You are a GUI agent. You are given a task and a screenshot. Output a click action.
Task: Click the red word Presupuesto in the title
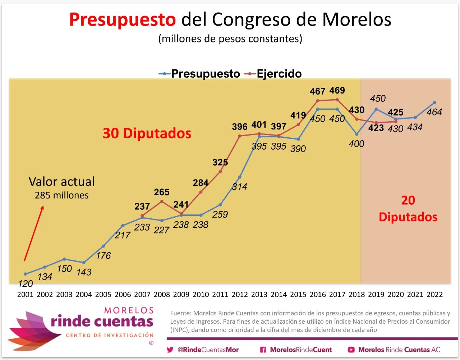pyautogui.click(x=122, y=20)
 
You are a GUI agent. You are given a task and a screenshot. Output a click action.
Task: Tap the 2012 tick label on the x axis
pyautogui.click(x=240, y=295)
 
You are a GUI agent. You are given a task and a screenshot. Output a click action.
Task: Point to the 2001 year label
pyautogui.click(x=25, y=295)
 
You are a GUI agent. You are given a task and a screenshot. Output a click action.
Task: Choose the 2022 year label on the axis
pyautogui.click(x=434, y=295)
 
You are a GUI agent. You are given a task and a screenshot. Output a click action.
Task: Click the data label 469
pyautogui.click(x=337, y=90)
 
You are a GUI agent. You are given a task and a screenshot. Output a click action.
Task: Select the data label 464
pyautogui.click(x=434, y=112)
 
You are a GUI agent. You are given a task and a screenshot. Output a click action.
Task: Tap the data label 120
pyautogui.click(x=25, y=284)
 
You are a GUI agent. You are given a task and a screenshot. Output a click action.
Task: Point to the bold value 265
pyautogui.click(x=162, y=192)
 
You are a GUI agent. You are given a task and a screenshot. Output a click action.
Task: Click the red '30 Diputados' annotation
pyautogui.click(x=147, y=133)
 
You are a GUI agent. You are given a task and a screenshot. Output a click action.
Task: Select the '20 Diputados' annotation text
pyautogui.click(x=408, y=209)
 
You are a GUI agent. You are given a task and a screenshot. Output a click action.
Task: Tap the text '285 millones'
pyautogui.click(x=61, y=196)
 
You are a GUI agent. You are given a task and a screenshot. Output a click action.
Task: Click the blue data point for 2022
pyautogui.click(x=434, y=102)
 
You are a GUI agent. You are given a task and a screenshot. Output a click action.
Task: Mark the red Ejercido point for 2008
pyautogui.click(x=162, y=201)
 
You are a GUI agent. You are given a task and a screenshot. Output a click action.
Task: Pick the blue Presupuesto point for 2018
pyautogui.click(x=356, y=134)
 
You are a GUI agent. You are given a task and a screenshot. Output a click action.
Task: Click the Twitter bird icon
pyautogui.click(x=170, y=350)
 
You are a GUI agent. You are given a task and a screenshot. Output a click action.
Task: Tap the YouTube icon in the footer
pyautogui.click(x=351, y=350)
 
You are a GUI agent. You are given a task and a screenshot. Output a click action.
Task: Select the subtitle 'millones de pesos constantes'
pyautogui.click(x=230, y=38)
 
